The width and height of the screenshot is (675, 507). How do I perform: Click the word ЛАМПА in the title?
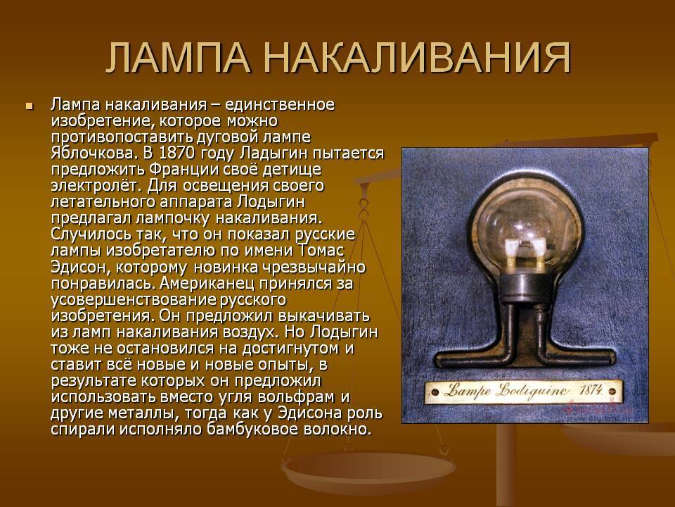click(178, 58)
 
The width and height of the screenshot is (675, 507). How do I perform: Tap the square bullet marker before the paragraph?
click(30, 106)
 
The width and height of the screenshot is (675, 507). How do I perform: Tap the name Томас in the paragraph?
click(321, 251)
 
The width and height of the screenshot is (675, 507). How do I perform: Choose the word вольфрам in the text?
click(301, 396)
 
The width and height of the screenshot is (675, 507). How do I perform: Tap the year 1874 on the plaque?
click(591, 391)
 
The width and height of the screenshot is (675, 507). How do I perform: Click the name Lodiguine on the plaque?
click(532, 391)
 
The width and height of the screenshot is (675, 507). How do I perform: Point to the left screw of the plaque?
click(435, 392)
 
